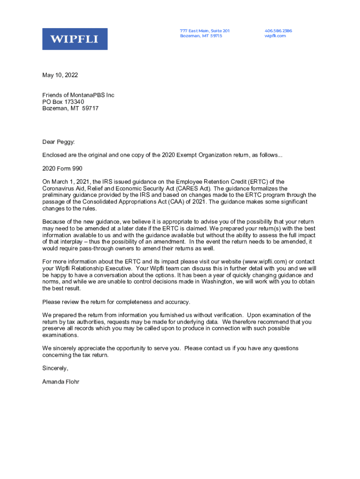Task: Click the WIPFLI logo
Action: coord(75,39)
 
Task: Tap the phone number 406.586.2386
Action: coord(278,31)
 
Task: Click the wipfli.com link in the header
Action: coord(275,36)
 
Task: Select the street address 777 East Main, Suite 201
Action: coord(205,31)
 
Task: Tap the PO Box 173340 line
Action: coord(63,102)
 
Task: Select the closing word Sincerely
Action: coord(55,368)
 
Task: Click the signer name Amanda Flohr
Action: coord(61,382)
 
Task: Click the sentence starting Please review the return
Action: coord(116,302)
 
